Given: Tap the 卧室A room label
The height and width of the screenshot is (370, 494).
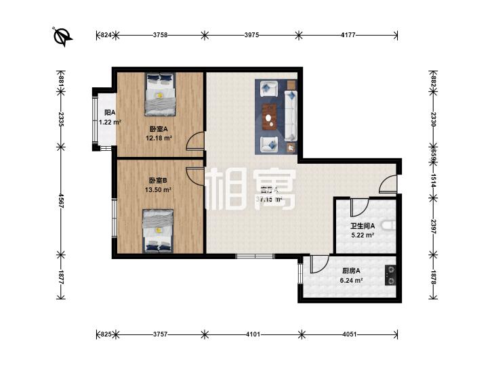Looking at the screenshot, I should [158, 129].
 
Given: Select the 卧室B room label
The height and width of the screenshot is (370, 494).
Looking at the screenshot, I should [158, 180].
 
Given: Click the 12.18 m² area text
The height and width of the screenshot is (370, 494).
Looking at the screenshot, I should [159, 138].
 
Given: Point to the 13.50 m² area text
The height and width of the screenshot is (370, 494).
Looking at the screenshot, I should [158, 190].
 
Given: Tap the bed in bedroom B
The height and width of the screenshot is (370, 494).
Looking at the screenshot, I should [158, 230].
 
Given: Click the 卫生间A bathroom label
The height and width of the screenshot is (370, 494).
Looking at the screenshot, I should [363, 227].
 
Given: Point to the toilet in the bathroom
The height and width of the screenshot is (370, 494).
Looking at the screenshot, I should [388, 226].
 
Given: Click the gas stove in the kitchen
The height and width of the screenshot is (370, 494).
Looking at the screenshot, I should [391, 275].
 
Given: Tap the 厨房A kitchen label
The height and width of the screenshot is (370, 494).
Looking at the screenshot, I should [350, 271].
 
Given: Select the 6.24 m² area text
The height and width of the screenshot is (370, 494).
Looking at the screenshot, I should [351, 281].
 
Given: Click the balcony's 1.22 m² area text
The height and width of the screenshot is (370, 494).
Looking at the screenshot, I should [109, 122].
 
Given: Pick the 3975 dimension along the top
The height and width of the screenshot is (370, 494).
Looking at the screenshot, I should [249, 34].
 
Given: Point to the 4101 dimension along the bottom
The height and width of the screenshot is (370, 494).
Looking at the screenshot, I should [253, 334].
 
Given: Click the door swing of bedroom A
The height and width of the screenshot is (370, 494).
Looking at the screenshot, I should [195, 141].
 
